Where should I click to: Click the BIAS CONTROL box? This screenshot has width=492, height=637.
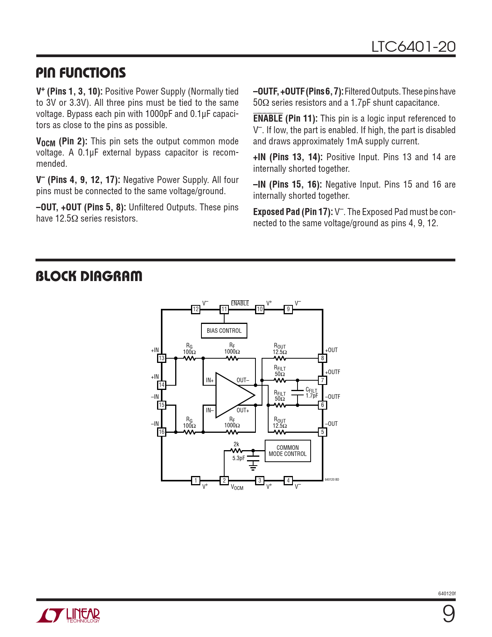pos(224,331)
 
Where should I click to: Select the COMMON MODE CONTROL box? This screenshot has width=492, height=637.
pos(287,451)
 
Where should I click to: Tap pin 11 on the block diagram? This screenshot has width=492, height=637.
pos(224,309)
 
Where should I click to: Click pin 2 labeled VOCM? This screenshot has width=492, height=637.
pos(224,481)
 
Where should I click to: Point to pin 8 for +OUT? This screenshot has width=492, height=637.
pos(323,358)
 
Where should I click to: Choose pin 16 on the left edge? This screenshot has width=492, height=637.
pos(162,432)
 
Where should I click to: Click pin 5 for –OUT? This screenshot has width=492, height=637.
pos(323,432)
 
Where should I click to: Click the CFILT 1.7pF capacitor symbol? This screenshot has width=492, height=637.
pos(298,392)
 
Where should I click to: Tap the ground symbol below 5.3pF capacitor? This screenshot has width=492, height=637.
pos(253,468)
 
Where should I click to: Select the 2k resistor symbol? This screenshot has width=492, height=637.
pos(236,451)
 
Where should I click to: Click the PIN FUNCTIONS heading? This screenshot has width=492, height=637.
pos(81,73)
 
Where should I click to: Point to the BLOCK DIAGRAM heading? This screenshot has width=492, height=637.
pos(89,276)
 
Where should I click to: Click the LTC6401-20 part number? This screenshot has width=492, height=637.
pos(413,47)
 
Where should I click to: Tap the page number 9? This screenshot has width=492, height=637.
pos(448,614)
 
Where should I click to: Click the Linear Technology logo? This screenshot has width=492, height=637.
pos(68,615)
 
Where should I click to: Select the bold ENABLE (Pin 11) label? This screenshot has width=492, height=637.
pos(285,119)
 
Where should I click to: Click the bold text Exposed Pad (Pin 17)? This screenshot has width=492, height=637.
pos(293,212)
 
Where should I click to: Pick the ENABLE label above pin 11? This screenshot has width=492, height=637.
pos(240,303)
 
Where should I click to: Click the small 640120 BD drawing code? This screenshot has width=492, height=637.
pos(332,479)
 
